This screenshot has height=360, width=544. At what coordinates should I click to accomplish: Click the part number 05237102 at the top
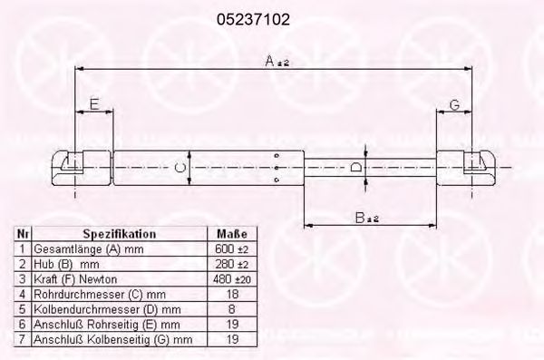click(x=253, y=19)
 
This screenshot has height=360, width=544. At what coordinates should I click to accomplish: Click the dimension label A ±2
click(x=277, y=61)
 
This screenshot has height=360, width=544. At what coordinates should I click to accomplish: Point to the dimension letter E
click(x=94, y=103)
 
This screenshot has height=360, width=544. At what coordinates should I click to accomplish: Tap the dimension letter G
click(x=454, y=104)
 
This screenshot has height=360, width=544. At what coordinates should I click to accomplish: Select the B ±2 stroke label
click(x=367, y=218)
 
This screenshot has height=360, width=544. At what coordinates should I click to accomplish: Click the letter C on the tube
click(x=180, y=168)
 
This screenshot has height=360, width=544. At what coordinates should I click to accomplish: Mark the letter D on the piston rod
click(x=356, y=167)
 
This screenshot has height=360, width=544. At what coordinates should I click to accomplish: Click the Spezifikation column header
click(x=120, y=234)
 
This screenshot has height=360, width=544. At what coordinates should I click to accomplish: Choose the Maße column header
click(x=232, y=234)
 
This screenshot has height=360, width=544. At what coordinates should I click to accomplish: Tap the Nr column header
click(x=23, y=234)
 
